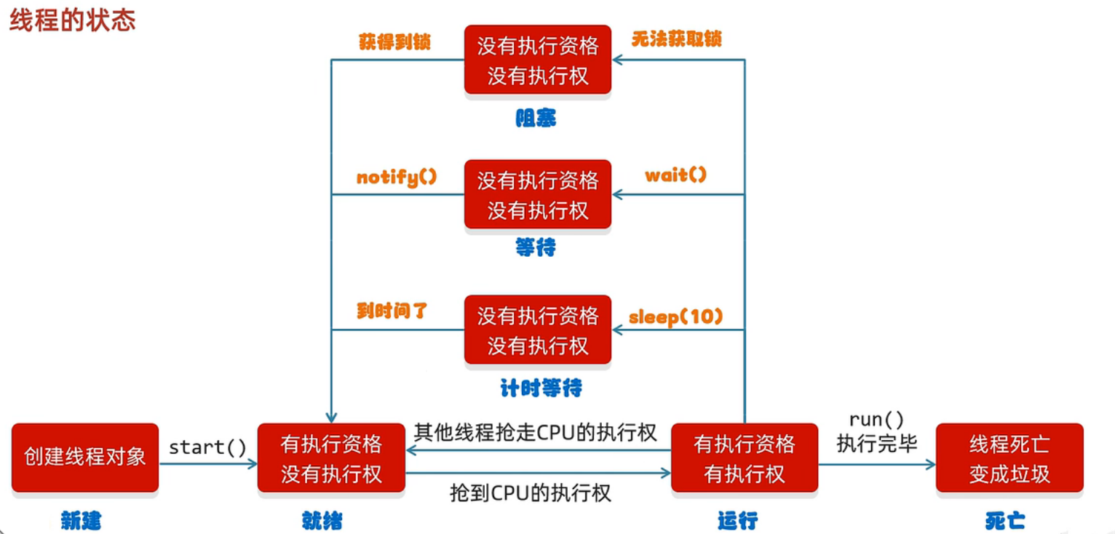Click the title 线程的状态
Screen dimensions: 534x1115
click(x=72, y=20)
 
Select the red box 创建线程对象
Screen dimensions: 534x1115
click(x=85, y=458)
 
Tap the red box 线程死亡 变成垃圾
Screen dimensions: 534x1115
click(x=1009, y=458)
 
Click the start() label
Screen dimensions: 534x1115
click(x=208, y=447)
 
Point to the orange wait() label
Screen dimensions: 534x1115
click(x=675, y=175)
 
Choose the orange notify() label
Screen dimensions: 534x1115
click(x=397, y=177)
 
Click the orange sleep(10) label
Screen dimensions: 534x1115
click(x=676, y=316)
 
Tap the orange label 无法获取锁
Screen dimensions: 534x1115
click(x=676, y=39)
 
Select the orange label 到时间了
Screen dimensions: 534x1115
click(x=392, y=311)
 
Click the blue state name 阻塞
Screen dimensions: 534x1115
click(x=536, y=118)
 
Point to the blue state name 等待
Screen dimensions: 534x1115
click(x=536, y=248)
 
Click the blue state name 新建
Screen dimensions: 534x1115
click(x=81, y=520)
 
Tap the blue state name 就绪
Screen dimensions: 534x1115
click(x=322, y=520)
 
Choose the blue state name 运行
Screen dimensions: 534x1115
click(x=737, y=520)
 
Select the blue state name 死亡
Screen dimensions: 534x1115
click(x=1005, y=520)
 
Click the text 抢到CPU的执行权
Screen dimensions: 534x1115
click(x=531, y=493)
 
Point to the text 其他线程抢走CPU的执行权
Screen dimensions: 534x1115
click(x=536, y=433)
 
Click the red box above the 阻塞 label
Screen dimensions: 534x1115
click(x=538, y=60)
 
